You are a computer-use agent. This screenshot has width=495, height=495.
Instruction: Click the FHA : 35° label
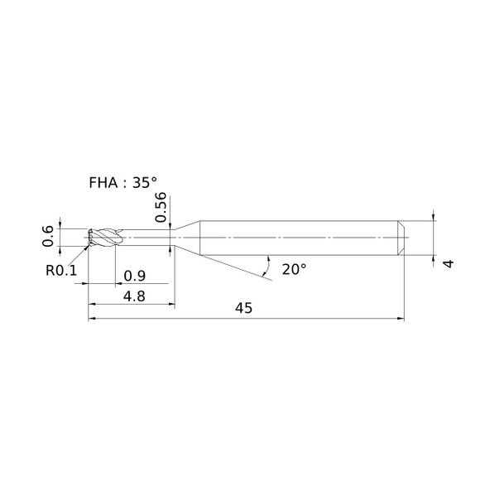pyautogui.click(x=123, y=182)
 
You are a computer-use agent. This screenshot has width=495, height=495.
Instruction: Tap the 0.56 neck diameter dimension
pyautogui.click(x=161, y=207)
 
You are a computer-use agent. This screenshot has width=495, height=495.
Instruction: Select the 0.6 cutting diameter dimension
pyautogui.click(x=48, y=236)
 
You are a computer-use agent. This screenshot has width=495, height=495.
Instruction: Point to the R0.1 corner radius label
pyautogui.click(x=61, y=270)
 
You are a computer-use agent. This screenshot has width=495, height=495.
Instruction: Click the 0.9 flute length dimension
pyautogui.click(x=134, y=276)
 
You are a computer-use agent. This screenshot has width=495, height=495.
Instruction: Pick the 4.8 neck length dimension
pyautogui.click(x=134, y=296)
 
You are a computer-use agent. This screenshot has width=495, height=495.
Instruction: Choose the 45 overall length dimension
pyautogui.click(x=243, y=308)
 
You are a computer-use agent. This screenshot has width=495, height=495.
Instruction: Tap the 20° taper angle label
pyautogui.click(x=294, y=270)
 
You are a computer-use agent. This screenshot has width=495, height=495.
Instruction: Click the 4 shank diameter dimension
pyautogui.click(x=449, y=263)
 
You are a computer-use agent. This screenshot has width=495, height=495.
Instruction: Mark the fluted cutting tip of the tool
pyautogui.click(x=104, y=237)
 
